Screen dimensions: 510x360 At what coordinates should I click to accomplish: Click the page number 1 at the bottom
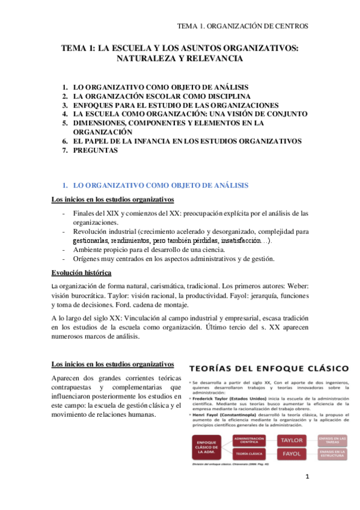[307, 477]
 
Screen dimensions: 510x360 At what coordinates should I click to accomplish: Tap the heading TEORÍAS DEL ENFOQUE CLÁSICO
[269, 366]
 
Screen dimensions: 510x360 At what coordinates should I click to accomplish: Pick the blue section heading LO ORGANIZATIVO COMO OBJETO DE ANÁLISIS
[160, 185]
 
